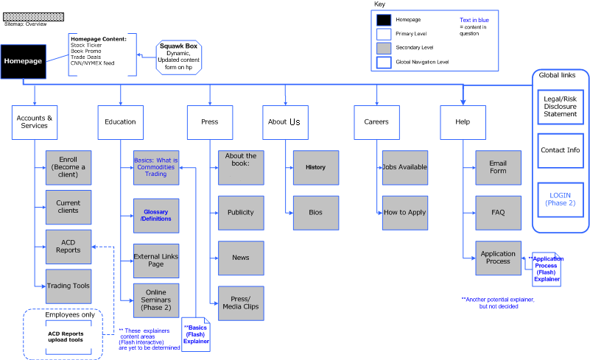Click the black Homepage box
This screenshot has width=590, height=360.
[x=23, y=61]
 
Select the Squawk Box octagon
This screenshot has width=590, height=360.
[x=178, y=57]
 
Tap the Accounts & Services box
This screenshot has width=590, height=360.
[x=35, y=121]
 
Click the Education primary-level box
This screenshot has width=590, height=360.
[x=120, y=121]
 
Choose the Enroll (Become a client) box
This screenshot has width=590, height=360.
[x=69, y=167]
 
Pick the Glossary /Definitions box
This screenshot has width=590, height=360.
[x=156, y=215]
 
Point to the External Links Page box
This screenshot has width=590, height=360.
[x=156, y=260]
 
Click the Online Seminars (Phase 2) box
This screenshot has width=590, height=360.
[x=156, y=300]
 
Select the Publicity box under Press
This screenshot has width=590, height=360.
[x=241, y=213]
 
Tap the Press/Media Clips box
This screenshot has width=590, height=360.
[x=241, y=303]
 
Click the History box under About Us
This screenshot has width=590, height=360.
[x=315, y=167]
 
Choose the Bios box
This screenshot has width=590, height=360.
[x=315, y=213]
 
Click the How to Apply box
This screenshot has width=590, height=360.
[x=404, y=213]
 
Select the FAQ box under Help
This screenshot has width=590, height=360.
[x=498, y=213]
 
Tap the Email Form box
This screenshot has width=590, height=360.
[x=498, y=167]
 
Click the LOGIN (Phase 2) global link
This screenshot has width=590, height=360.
[x=560, y=200]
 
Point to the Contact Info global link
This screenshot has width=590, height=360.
[x=560, y=150]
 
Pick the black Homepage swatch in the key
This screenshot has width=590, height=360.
[x=384, y=19]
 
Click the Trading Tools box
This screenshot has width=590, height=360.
[x=69, y=286]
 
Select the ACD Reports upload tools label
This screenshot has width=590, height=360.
[x=66, y=336]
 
